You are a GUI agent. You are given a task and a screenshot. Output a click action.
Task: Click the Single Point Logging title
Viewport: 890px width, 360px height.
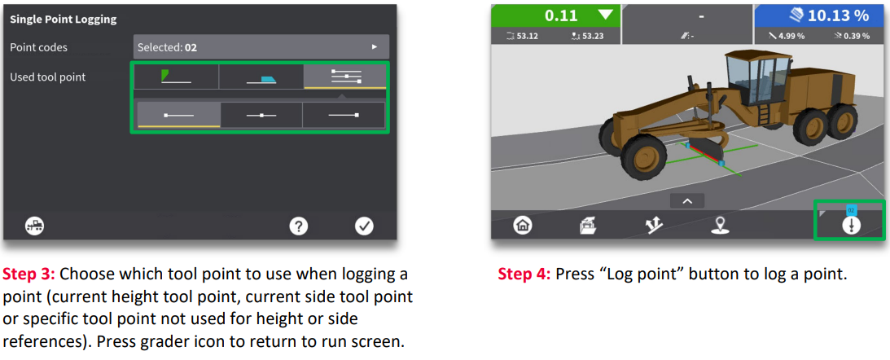pos(63,20)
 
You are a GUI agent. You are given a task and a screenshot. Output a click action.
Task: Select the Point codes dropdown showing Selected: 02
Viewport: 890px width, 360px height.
pos(261,47)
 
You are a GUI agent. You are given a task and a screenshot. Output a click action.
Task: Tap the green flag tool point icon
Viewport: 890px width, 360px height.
pos(176,77)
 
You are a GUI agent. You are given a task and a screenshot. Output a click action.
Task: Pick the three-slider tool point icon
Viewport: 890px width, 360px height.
pos(346,77)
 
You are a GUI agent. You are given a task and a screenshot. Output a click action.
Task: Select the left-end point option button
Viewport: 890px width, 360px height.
pos(179,115)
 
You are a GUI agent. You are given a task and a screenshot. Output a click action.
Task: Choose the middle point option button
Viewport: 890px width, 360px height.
pos(261,115)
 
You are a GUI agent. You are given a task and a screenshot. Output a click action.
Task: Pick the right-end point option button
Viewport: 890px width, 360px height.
pos(344,115)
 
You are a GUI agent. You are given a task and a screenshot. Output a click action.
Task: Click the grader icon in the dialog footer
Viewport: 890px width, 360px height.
pos(35,226)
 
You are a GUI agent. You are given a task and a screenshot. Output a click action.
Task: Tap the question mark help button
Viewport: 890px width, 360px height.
pos(299,226)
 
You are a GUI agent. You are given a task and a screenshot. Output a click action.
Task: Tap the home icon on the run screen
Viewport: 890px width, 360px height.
pos(522,226)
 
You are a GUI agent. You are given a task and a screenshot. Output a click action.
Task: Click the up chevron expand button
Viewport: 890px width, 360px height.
pos(687,201)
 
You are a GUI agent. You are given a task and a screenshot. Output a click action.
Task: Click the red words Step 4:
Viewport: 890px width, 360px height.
pos(524,274)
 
